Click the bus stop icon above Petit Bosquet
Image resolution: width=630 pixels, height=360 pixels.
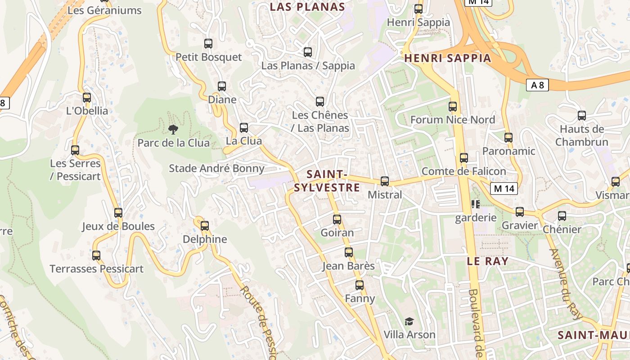pyautogui.click(x=208, y=44)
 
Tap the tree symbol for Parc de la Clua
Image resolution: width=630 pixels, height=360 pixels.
pyautogui.click(x=173, y=130)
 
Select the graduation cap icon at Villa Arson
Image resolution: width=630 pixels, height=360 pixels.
pyautogui.click(x=409, y=321)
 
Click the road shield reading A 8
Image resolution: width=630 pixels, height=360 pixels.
pyautogui.click(x=537, y=85)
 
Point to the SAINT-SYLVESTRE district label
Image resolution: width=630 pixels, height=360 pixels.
pyautogui.click(x=327, y=181)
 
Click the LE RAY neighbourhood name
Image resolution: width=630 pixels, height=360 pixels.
pyautogui.click(x=488, y=261)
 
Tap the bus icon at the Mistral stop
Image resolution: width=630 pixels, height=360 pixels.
pyautogui.click(x=385, y=181)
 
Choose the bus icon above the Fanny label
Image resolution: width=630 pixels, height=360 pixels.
pyautogui.click(x=359, y=285)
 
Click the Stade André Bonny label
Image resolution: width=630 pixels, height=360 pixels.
pyautogui.click(x=216, y=168)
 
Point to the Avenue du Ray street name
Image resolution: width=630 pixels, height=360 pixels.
pyautogui.click(x=566, y=284)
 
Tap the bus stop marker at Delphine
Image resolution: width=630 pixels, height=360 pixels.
pyautogui.click(x=205, y=225)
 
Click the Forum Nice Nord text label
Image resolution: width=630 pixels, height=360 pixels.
pyautogui.click(x=452, y=120)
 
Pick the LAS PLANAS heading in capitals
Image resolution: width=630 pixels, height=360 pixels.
pyautogui.click(x=307, y=7)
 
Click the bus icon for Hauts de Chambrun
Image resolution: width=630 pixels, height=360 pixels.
pyautogui.click(x=582, y=116)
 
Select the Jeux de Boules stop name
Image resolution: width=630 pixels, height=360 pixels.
pyautogui.click(x=118, y=226)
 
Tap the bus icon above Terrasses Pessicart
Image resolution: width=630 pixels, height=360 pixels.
pyautogui.click(x=96, y=256)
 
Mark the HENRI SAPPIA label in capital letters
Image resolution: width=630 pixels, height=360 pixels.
pyautogui.click(x=448, y=58)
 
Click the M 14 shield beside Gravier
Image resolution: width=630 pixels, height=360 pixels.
pyautogui.click(x=504, y=189)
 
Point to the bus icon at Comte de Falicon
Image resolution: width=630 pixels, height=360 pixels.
pyautogui.click(x=464, y=158)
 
